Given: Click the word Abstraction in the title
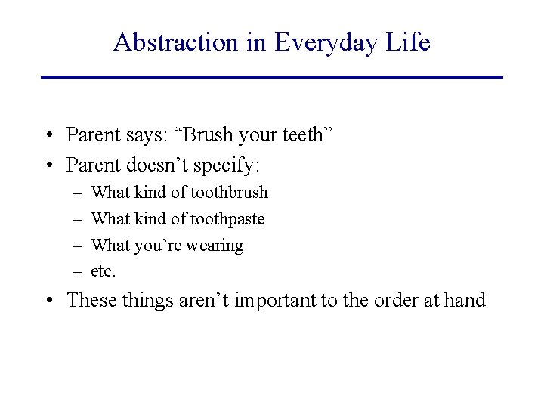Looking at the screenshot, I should pos(175,42).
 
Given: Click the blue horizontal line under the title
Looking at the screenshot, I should pos(272,77).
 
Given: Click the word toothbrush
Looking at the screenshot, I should pos(229,193).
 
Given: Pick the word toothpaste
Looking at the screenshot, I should pos(227,219).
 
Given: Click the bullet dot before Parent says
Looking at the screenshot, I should pos(48,136).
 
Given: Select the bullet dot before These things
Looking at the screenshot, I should pos(48,301).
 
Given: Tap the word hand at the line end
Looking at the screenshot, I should pos(464,300).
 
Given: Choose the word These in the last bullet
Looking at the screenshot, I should pos(90,300).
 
